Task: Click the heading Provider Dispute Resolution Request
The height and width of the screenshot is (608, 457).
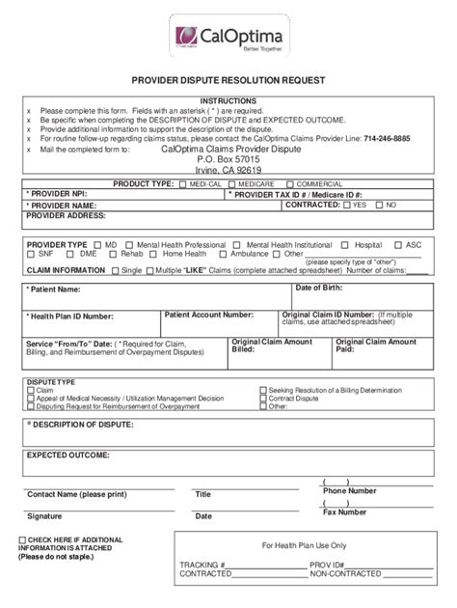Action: click(x=228, y=81)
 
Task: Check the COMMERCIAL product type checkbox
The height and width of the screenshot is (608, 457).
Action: click(x=291, y=183)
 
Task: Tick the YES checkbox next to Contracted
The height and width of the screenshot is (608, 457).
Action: click(x=348, y=206)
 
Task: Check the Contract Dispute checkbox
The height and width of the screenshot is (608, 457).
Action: click(x=265, y=398)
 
